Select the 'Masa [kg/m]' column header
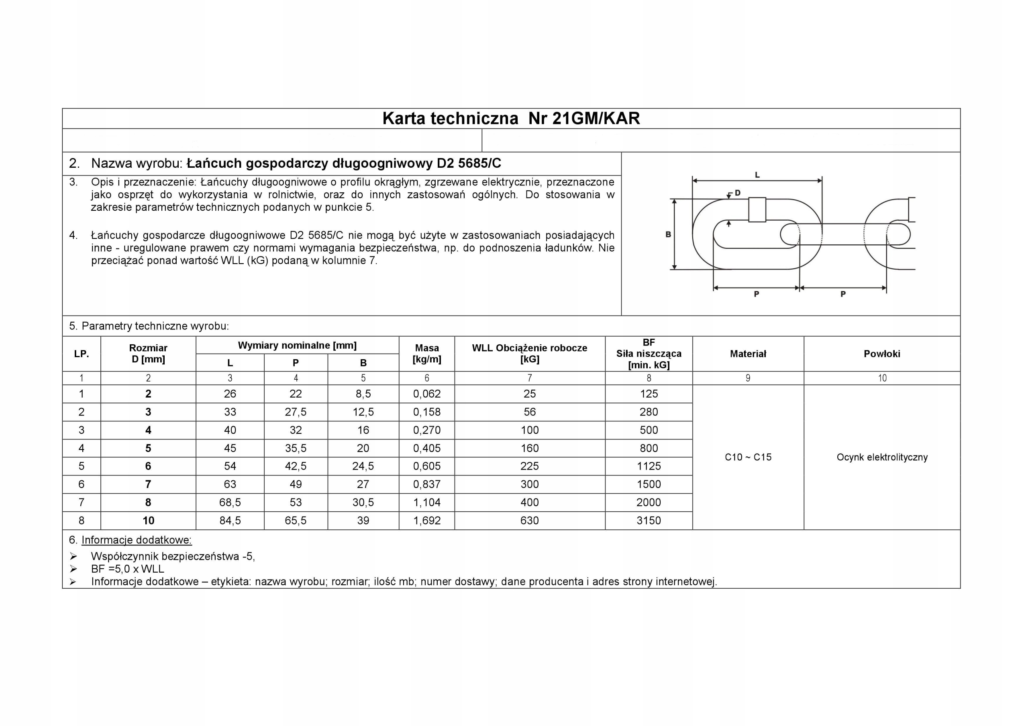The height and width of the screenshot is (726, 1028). coord(427,354)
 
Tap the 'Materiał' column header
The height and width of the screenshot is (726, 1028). coord(748,354)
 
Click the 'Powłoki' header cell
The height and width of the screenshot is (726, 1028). coord(881,354)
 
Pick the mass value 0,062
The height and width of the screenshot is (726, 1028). coord(427,394)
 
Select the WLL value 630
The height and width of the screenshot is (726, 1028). coord(529,521)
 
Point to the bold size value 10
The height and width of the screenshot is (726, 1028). coord(148,521)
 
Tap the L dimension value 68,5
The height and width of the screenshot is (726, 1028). coord(230,502)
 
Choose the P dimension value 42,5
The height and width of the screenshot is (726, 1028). coord(296,466)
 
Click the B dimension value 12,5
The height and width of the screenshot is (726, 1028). coord(363,412)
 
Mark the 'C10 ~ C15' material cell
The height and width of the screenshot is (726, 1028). coord(748,457)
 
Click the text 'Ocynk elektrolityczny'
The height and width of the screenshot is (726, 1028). coord(881,457)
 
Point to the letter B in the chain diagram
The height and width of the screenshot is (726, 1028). coord(668,234)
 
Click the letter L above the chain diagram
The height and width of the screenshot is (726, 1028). coord(757,175)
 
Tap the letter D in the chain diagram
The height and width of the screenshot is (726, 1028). coord(737,193)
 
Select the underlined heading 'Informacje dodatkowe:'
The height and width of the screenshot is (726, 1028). coord(136,540)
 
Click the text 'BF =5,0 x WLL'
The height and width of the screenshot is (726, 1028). coord(128,569)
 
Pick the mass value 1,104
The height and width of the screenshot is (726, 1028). coord(427,502)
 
